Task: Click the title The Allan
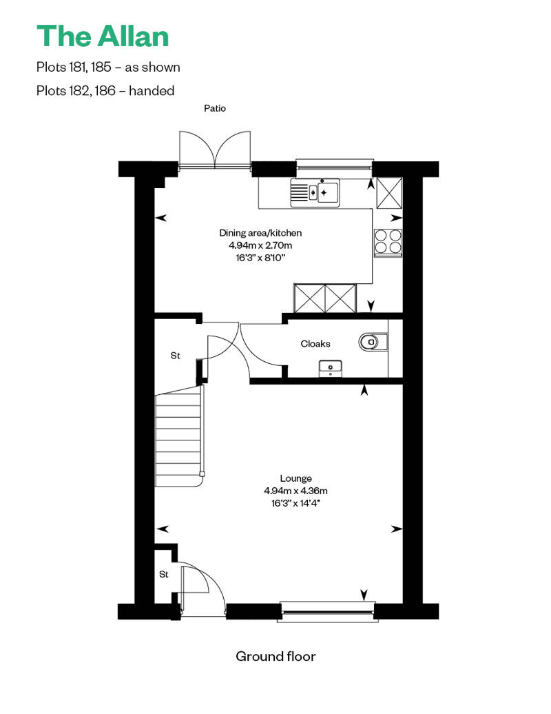pyautogui.click(x=103, y=36)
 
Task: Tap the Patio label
pyautogui.click(x=215, y=108)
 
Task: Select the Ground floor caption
pyautogui.click(x=275, y=656)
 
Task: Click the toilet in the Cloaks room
pyautogui.click(x=373, y=342)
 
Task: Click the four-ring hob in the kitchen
pyautogui.click(x=388, y=241)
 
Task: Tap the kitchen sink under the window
pyautogui.click(x=315, y=192)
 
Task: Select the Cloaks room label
pyautogui.click(x=315, y=344)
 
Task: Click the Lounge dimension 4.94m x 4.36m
pyautogui.click(x=295, y=491)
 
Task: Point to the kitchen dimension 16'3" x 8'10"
pyautogui.click(x=260, y=258)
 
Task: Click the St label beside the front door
pyautogui.click(x=164, y=575)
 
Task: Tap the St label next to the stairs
pyautogui.click(x=175, y=356)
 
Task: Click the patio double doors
pyautogui.click(x=215, y=150)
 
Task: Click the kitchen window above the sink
pyautogui.click(x=335, y=165)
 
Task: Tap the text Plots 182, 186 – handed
pyautogui.click(x=105, y=90)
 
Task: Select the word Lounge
pyautogui.click(x=295, y=478)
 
